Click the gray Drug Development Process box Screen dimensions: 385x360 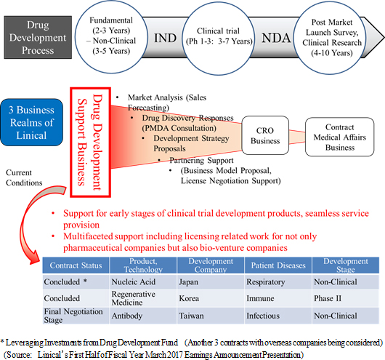(38, 37)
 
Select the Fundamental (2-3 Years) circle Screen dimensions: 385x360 (111, 36)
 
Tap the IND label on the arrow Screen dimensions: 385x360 (165, 38)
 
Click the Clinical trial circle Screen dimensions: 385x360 (219, 38)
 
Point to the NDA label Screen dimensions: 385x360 (276, 38)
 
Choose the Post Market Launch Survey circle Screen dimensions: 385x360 (331, 37)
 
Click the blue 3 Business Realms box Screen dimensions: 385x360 (32, 122)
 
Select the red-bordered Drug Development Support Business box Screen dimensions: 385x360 (90, 142)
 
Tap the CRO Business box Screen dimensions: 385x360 (265, 135)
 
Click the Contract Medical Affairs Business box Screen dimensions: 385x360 (339, 137)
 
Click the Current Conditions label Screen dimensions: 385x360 (24, 177)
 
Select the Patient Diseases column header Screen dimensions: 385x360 (278, 265)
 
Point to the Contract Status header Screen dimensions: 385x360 (76, 265)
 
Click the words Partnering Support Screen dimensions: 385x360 (202, 160)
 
